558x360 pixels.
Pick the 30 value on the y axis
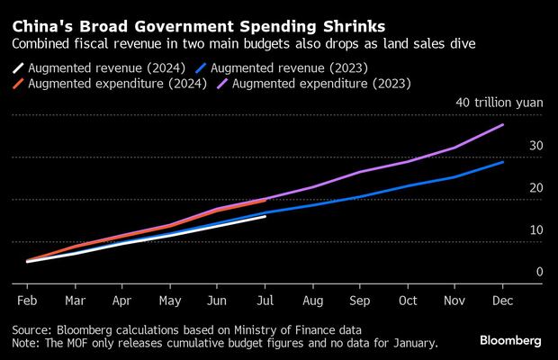tap(535, 145)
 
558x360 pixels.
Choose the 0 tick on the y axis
tap(539, 272)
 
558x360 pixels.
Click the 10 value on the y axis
tap(535, 229)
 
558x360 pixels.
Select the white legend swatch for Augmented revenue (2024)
tap(20, 67)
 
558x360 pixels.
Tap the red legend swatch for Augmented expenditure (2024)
tap(20, 84)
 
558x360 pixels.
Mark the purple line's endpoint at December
tap(503, 124)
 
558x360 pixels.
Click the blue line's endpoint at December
tap(503, 162)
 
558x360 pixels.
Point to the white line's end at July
tap(265, 216)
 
